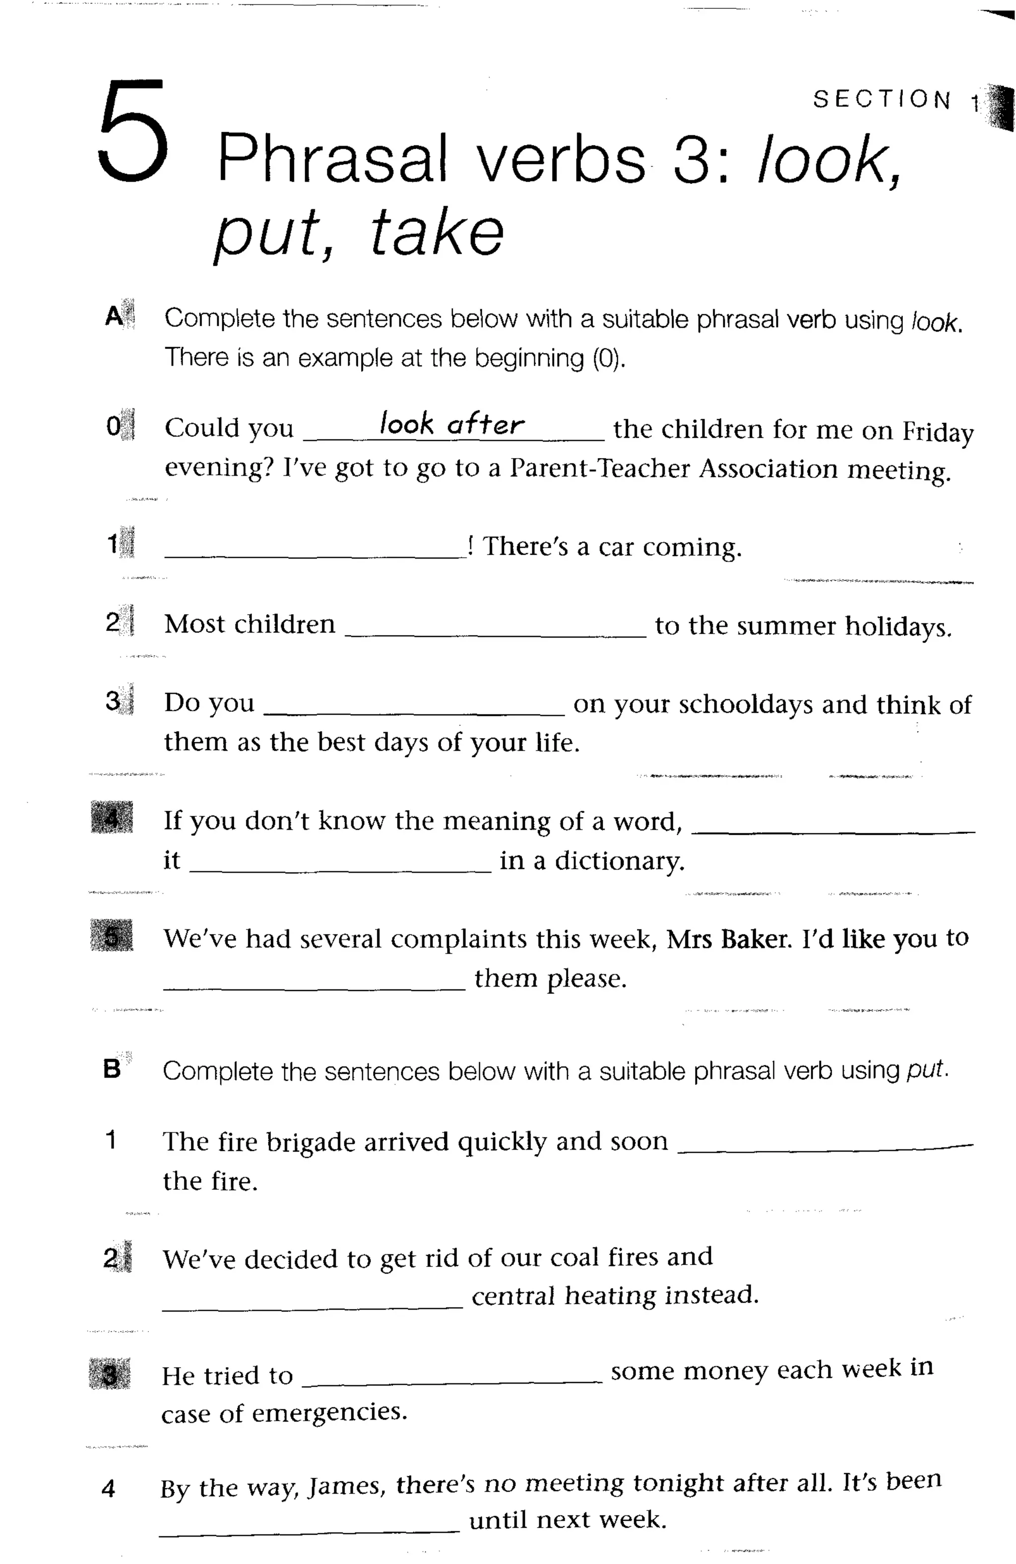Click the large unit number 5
133,131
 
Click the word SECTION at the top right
881,100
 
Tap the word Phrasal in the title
332,159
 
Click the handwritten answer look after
452,424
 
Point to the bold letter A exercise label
114,317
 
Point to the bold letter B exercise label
112,1069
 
